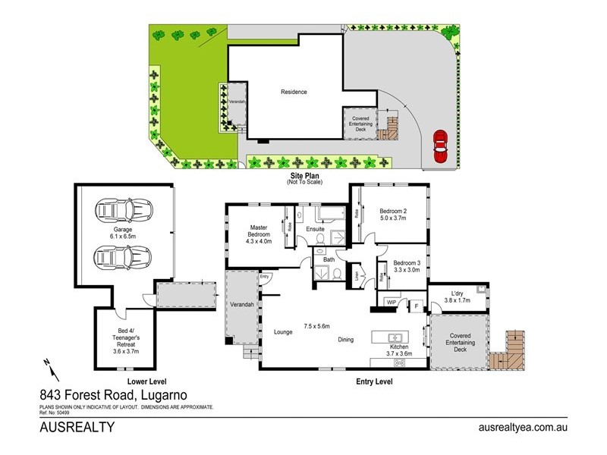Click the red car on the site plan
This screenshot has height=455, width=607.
[x=439, y=146]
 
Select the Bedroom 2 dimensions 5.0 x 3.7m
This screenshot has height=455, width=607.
[x=394, y=218]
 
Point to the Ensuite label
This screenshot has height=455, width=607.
[x=316, y=228]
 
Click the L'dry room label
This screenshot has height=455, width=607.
[x=457, y=293]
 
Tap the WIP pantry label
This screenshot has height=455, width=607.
[x=392, y=302]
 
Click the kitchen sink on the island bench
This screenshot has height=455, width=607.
[x=395, y=337]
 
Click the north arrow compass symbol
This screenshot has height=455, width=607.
[x=49, y=369]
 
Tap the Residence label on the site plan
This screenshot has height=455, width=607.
[x=294, y=92]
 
